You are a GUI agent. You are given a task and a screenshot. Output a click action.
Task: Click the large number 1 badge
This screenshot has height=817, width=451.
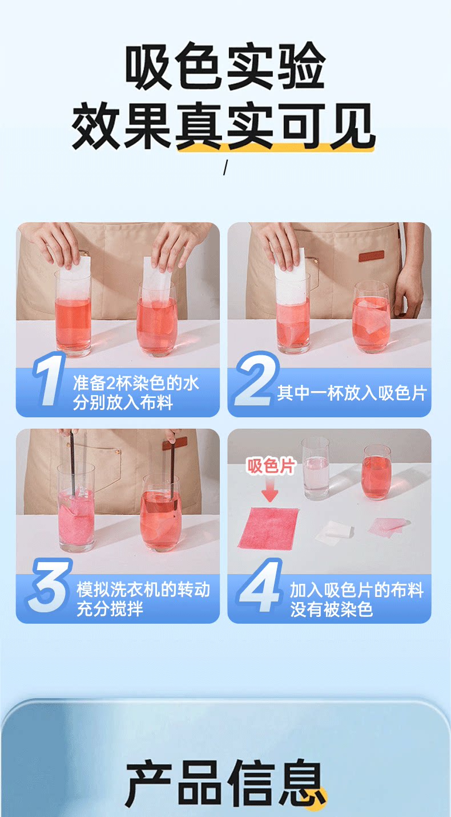point(49,379)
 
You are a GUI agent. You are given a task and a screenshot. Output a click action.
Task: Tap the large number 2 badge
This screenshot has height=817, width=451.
point(257,379)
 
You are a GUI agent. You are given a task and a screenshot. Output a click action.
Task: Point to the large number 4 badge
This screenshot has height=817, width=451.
point(260,586)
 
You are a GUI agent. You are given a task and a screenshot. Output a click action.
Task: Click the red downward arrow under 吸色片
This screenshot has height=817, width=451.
point(270,490)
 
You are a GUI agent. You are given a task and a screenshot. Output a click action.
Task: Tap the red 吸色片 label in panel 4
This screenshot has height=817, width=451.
point(271,466)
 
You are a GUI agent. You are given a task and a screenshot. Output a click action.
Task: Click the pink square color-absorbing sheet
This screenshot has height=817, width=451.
point(268,527)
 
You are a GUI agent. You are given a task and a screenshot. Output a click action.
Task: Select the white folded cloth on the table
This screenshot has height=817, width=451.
point(335,531)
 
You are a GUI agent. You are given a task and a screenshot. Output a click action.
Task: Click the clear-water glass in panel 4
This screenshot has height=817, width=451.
point(316,469)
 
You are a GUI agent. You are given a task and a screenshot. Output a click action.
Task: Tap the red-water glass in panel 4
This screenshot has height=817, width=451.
point(377,472)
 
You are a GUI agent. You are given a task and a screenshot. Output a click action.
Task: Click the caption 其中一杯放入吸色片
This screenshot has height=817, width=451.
point(352,393)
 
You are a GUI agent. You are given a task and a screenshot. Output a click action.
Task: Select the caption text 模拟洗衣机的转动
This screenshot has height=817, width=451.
point(143,590)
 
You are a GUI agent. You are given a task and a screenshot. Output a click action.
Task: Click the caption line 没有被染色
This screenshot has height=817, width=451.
point(332,609)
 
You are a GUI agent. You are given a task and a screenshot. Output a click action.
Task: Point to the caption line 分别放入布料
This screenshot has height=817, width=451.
point(123,403)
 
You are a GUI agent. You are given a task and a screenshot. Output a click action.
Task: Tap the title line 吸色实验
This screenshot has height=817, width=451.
point(226,66)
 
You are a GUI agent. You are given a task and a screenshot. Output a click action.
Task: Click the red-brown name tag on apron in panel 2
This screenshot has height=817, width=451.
point(372,256)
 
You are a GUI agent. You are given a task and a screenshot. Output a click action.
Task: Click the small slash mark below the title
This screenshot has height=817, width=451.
point(226,168)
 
